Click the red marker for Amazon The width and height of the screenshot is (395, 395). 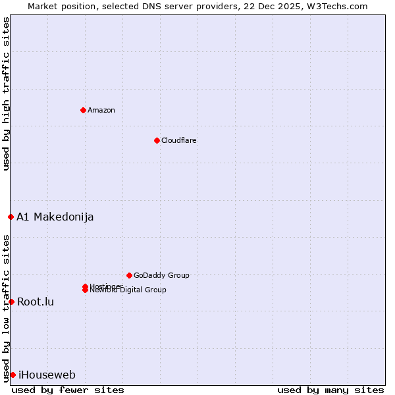[83, 110]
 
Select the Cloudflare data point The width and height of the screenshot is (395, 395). [157, 140]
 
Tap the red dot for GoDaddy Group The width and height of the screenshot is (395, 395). [129, 275]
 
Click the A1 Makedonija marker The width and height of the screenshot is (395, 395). [11, 217]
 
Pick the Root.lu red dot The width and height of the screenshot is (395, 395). [11, 302]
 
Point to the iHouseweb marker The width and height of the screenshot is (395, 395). [13, 375]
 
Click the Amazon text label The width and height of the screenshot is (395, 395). [101, 110]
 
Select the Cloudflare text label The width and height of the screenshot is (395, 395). [178, 140]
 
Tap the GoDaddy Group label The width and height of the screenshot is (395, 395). [161, 275]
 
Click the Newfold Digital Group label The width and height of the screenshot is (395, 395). [128, 290]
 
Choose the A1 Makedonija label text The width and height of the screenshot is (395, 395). [55, 217]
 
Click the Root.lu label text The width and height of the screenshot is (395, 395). [36, 302]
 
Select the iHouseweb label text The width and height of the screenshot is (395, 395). [47, 375]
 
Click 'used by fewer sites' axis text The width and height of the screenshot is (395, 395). [68, 390]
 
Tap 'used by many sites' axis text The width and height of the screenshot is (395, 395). [330, 390]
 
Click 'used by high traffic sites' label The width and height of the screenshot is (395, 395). [6, 93]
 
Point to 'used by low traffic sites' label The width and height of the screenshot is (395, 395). [6, 308]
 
